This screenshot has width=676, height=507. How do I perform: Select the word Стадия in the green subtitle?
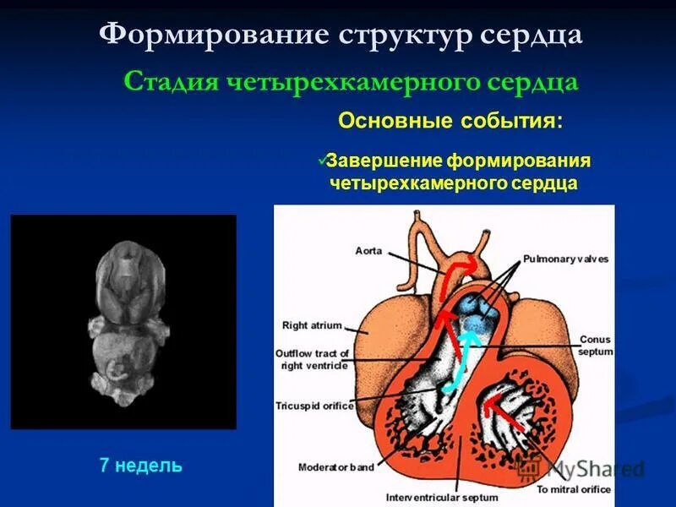pyautogui.click(x=168, y=82)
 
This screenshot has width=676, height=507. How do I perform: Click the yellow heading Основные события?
pyautogui.click(x=450, y=120)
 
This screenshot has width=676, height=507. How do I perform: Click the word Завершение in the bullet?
pyautogui.click(x=384, y=161)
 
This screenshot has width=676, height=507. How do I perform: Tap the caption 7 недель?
pyautogui.click(x=140, y=465)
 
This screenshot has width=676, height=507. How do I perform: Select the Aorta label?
pyautogui.click(x=370, y=250)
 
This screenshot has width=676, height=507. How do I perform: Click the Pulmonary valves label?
pyautogui.click(x=565, y=259)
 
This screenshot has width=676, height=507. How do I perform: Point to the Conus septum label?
pyautogui.click(x=595, y=346)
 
